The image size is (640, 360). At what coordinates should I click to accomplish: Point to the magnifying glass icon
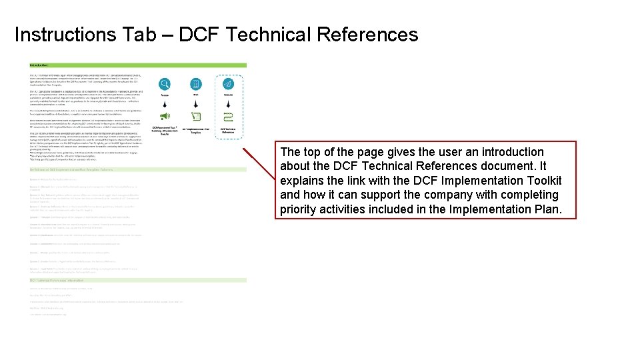coord(164,84)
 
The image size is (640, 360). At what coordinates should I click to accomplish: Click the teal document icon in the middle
coord(196,84)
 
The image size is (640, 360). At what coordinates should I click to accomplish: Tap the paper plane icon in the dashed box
coord(228,84)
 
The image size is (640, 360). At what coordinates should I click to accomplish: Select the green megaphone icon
coord(164,117)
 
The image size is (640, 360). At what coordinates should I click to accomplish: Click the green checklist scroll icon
coord(196,117)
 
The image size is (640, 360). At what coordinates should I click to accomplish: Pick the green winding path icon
coord(228,117)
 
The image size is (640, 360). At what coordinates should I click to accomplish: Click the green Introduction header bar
coord(137,65)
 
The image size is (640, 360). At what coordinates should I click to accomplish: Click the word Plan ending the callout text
coord(549,210)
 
